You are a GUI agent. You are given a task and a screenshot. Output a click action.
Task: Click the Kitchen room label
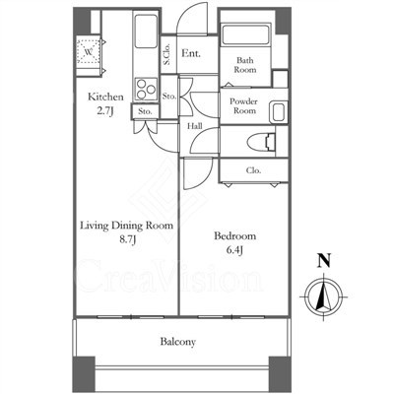pos(105,97)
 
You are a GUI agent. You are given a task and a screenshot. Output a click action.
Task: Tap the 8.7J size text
pos(127,239)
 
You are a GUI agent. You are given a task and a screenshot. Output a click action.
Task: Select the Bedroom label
pos(234,235)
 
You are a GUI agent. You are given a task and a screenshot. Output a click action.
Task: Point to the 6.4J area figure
pos(234,250)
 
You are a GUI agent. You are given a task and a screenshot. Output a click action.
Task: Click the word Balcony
pos(178,342)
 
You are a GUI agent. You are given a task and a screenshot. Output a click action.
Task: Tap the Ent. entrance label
pos(191,53)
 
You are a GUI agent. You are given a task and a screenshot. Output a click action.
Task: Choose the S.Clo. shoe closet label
pos(166,54)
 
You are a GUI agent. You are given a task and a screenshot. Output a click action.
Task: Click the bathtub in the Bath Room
pos(245,34)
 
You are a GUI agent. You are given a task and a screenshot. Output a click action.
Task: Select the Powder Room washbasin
pos(279,111)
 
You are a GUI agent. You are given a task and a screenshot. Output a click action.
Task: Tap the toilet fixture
pos(262,142)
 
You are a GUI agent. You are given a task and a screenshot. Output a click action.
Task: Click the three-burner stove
pos(146,89)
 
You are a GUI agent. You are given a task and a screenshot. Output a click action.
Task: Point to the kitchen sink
pos(146,32)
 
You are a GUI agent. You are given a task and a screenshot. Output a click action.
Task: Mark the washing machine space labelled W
pos(88,51)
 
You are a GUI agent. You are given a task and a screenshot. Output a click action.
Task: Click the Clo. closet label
pos(253,170)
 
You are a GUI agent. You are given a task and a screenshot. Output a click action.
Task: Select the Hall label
pos(195,126)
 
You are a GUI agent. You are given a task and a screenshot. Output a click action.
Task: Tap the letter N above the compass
pos(324,260)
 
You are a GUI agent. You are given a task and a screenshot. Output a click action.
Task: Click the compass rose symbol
pos(324,296)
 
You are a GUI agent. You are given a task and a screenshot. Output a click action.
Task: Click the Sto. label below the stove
pos(145,111)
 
